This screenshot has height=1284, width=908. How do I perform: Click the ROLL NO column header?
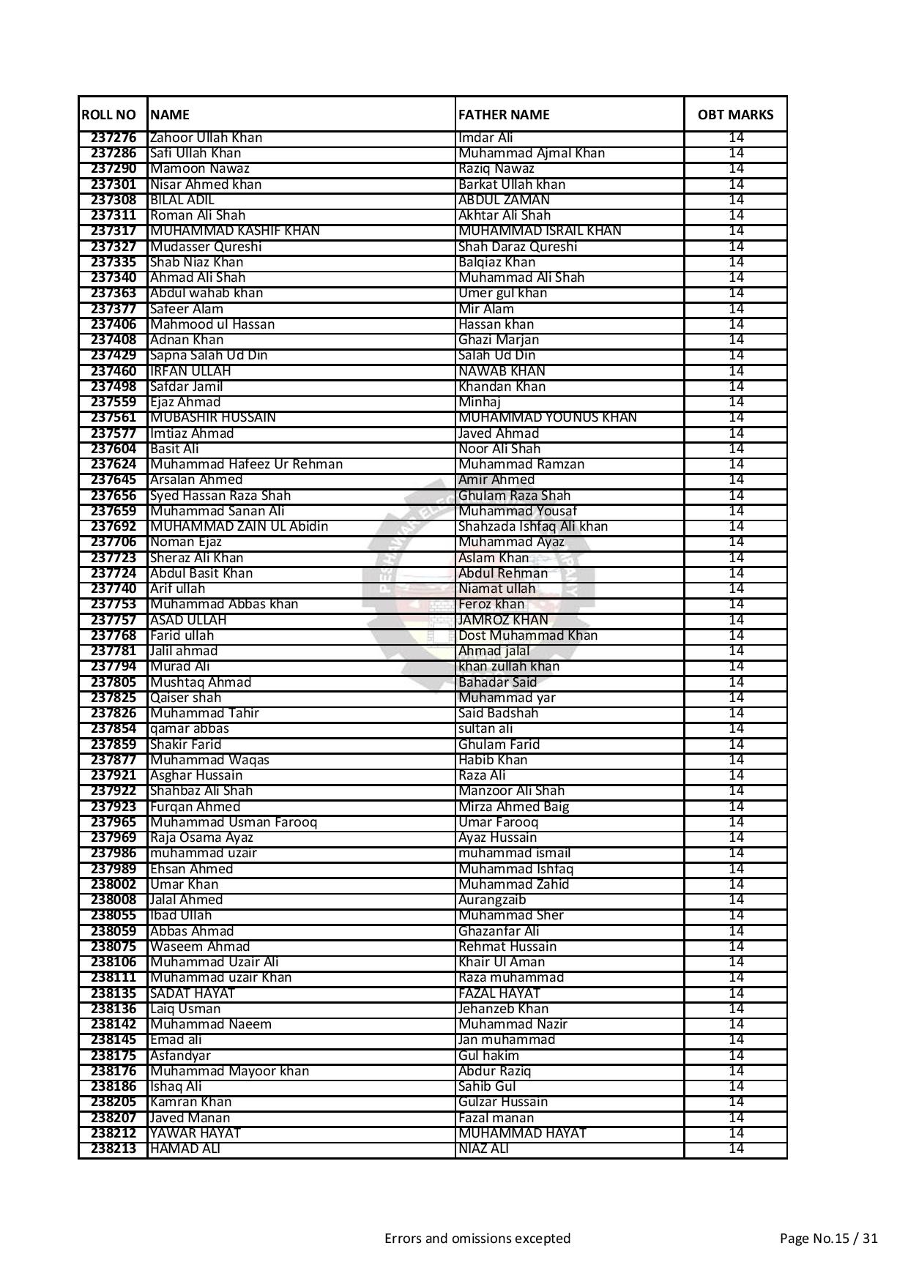pyautogui.click(x=109, y=115)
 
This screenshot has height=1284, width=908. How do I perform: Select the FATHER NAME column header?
pyautogui.click(x=504, y=115)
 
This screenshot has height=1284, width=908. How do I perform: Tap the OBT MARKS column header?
pyautogui.click(x=735, y=115)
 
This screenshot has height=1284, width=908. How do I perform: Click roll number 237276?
pyautogui.click(x=113, y=138)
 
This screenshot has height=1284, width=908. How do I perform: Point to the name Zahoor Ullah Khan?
pyautogui.click(x=206, y=138)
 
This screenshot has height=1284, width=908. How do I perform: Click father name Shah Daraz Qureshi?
pyautogui.click(x=517, y=247)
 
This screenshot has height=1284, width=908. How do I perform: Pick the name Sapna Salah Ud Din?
pyautogui.click(x=209, y=355)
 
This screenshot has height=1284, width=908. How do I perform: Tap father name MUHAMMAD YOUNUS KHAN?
pyautogui.click(x=547, y=417)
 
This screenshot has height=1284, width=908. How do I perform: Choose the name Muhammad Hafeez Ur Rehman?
pyautogui.click(x=246, y=464)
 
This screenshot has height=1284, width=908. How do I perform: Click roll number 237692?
pyautogui.click(x=113, y=526)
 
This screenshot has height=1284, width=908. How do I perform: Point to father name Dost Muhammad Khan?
pyautogui.click(x=527, y=635)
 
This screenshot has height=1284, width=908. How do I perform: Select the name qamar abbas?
pyautogui.click(x=189, y=728)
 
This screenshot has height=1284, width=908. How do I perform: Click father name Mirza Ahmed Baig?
pyautogui.click(x=513, y=807)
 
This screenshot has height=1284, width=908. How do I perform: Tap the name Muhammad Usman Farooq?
pyautogui.click(x=234, y=822)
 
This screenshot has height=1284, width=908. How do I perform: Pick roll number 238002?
pyautogui.click(x=113, y=884)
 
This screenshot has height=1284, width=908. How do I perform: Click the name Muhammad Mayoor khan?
pyautogui.click(x=229, y=1071)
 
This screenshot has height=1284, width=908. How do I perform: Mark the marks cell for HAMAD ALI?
pyautogui.click(x=735, y=1149)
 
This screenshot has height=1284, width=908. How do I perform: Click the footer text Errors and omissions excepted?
pyautogui.click(x=477, y=1239)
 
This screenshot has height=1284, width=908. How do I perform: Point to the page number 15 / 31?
pyautogui.click(x=828, y=1239)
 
